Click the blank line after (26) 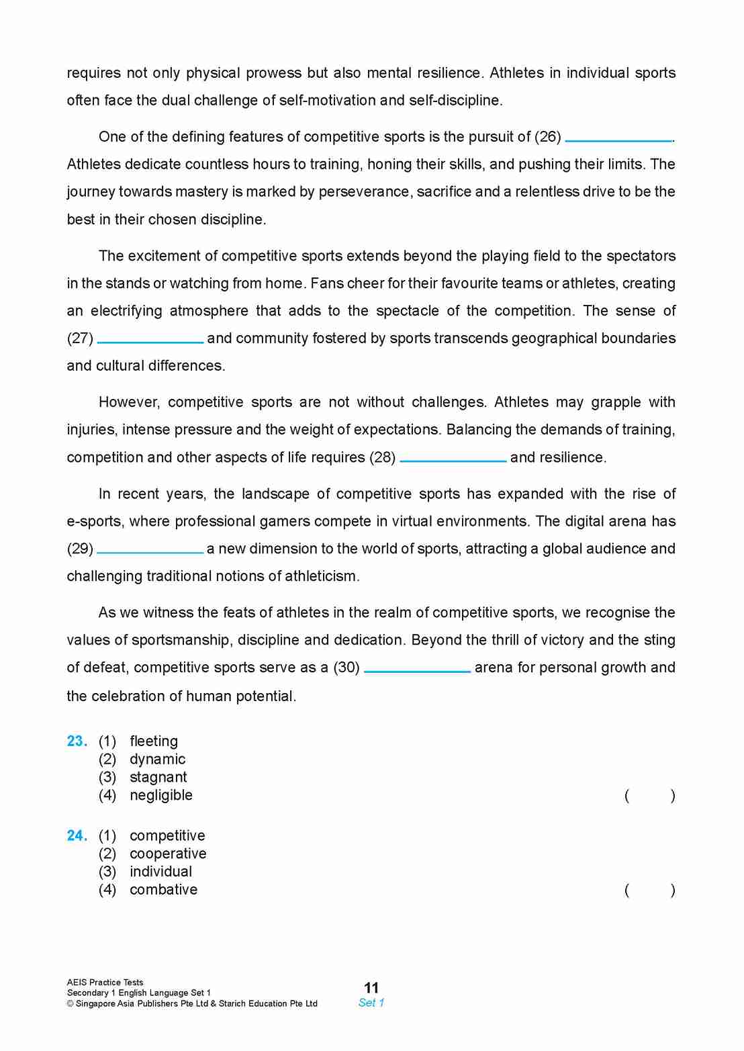pos(618,140)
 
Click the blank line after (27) pos(150,341)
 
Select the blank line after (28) pos(453,460)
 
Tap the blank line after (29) pos(150,551)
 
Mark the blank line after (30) pos(417,670)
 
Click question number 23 pos(77,741)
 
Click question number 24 pos(77,836)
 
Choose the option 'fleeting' pos(154,741)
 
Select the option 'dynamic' pos(157,760)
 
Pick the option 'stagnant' pos(158,778)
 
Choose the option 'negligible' pos(161,795)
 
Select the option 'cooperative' pos(168,854)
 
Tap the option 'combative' pos(163,890)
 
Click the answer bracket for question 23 pos(649,796)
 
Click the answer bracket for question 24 pos(649,890)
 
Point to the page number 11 pos(371,988)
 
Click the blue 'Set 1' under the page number pos(371,1003)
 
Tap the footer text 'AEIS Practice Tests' pos(105,983)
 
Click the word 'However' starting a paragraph pos(128,402)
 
